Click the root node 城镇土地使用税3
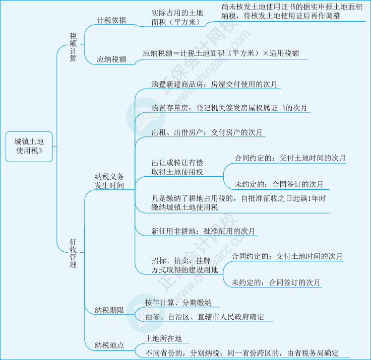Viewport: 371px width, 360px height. [29, 146]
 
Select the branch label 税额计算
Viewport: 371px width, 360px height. [74, 47]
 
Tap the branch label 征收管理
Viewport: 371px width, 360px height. [74, 253]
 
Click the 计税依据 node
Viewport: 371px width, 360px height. [111, 21]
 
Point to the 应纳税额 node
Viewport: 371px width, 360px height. [111, 59]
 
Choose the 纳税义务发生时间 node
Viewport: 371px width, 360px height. [109, 181]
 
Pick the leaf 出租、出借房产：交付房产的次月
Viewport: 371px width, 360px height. [207, 132]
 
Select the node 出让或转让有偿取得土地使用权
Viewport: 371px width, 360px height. [177, 168]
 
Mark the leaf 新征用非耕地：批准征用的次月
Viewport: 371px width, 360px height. [203, 231]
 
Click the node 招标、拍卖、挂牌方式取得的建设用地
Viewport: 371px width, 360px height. [184, 265]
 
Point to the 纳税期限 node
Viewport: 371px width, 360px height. [109, 310]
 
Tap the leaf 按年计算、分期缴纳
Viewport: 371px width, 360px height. [178, 303]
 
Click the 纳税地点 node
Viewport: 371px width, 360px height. [109, 345]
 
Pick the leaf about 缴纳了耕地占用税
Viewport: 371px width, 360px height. [238, 203]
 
